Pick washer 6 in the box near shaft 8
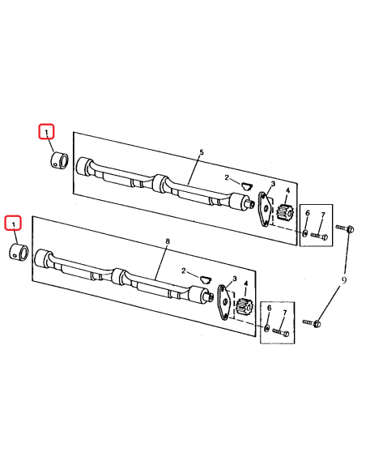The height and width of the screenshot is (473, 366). pyautogui.click(x=267, y=328)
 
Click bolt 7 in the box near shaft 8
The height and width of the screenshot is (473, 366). pyautogui.click(x=282, y=331)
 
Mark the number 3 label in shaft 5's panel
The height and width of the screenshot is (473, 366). pyautogui.click(x=273, y=185)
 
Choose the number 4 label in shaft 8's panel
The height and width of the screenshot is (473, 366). pyautogui.click(x=246, y=283)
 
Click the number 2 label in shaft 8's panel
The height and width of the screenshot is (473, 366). pyautogui.click(x=185, y=271)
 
